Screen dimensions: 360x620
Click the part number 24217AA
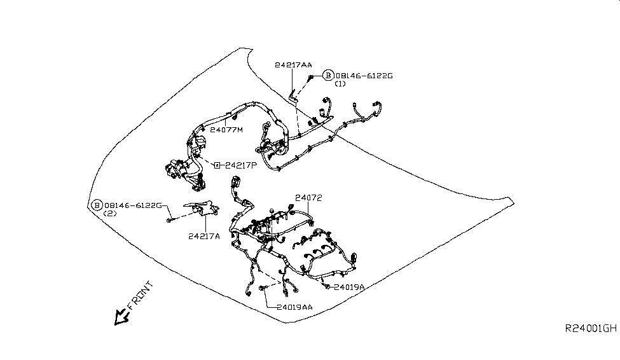click(293, 65)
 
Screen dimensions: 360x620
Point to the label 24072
click(308, 198)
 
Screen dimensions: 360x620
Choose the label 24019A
click(348, 287)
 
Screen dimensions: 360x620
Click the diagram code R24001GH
click(591, 329)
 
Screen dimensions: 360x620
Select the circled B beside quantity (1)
click(328, 76)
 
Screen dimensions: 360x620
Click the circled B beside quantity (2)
click(97, 205)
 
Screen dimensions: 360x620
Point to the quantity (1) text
click(340, 84)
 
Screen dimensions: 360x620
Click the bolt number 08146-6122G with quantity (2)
click(134, 205)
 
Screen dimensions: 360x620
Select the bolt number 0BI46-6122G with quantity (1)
click(364, 76)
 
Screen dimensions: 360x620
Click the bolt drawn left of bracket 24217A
click(170, 220)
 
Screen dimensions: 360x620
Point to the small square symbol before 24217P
click(217, 165)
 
